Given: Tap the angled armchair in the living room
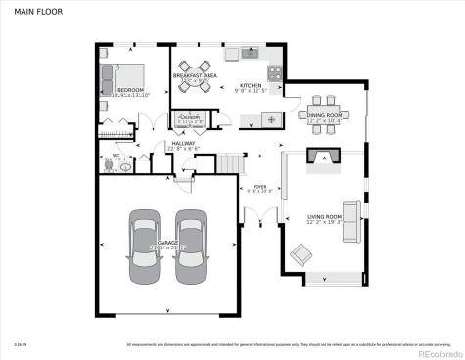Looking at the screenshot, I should tap(301, 255).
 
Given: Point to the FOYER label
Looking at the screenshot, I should tap(259, 186).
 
